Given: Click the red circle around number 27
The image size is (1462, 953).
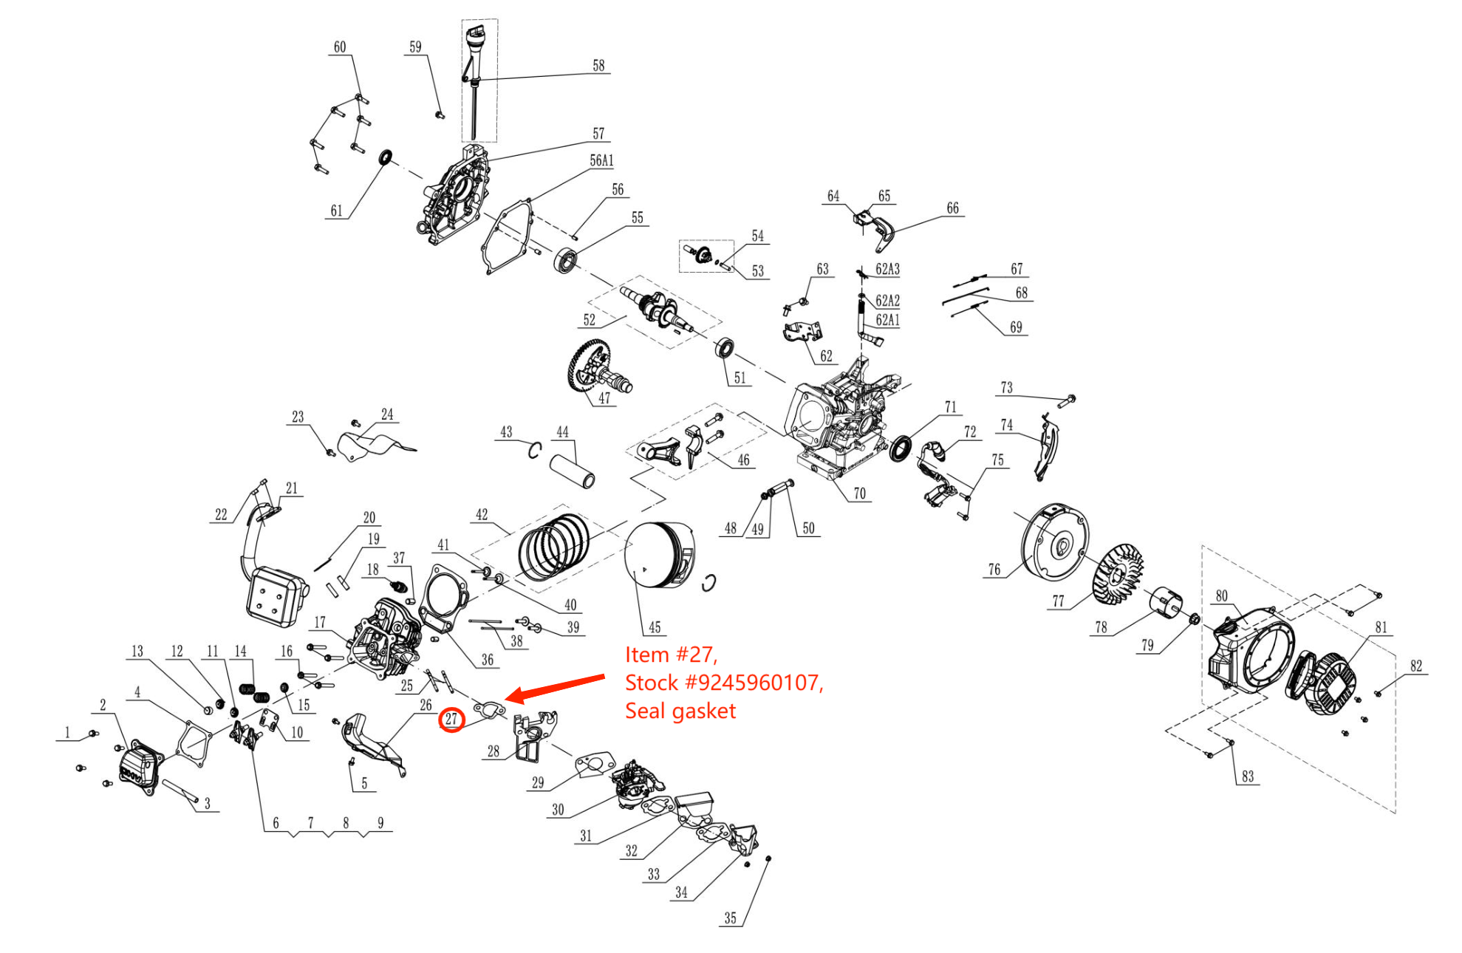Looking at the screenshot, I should tap(451, 719).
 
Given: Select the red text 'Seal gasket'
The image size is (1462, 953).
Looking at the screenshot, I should tap(680, 711).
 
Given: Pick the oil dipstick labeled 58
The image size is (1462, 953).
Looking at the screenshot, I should tap(474, 81).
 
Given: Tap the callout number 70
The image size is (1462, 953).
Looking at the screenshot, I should tap(859, 493).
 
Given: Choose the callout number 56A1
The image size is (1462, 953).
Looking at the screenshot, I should tap(601, 161).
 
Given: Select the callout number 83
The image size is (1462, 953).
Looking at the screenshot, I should tap(1248, 776).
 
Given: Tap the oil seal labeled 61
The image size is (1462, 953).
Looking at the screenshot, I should tap(386, 157).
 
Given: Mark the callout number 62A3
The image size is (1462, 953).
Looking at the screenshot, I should tap(887, 270).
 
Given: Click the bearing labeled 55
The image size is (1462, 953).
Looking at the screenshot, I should tap(567, 261).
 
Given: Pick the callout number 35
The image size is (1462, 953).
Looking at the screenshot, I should tap(730, 918).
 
